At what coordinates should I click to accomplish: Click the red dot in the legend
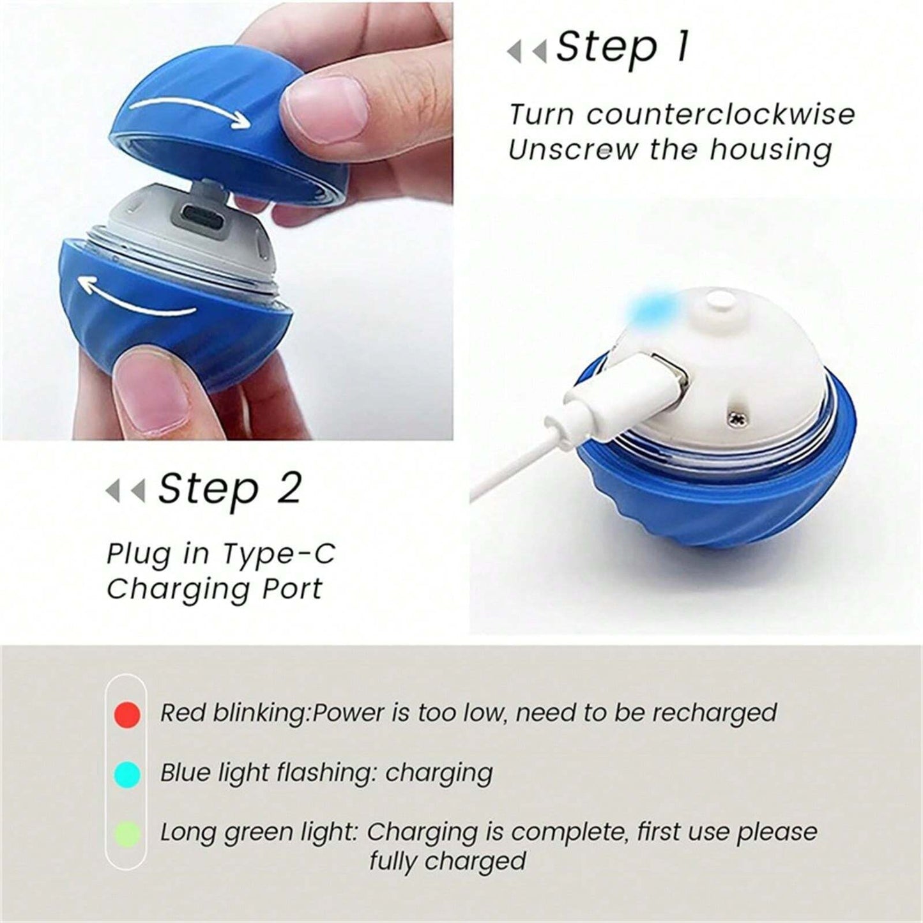(x=127, y=713)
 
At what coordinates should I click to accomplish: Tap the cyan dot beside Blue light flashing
(x=127, y=774)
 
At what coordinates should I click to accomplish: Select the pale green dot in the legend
(x=127, y=834)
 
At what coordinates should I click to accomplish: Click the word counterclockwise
(x=721, y=115)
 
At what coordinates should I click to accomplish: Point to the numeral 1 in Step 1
(x=682, y=47)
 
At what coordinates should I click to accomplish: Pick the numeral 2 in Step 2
(x=288, y=489)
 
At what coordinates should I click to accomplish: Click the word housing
(x=770, y=150)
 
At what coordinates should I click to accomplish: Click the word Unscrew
(x=573, y=150)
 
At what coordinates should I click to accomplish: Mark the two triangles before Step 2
(x=125, y=491)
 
